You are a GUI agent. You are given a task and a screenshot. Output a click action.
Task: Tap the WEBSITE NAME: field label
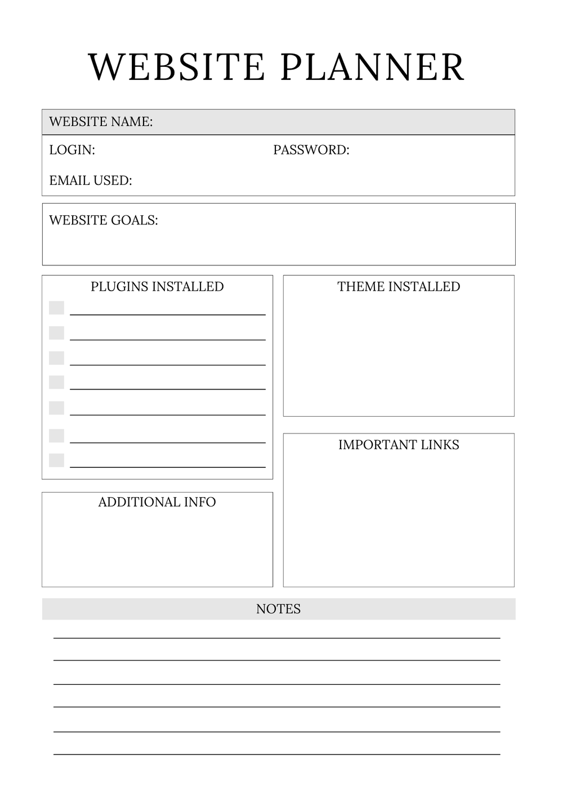click(101, 121)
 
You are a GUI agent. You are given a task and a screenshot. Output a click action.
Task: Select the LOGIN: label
click(72, 150)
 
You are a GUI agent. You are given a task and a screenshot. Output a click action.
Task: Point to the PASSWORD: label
click(311, 150)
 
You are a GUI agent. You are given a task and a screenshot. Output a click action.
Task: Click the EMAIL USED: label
click(91, 180)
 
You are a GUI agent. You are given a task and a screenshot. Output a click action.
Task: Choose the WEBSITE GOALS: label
click(104, 220)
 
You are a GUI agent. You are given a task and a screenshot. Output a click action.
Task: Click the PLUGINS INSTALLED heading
click(157, 286)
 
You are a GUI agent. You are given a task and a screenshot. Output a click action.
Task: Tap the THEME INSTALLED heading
click(399, 286)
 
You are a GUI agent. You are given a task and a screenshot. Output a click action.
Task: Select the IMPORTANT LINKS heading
click(399, 445)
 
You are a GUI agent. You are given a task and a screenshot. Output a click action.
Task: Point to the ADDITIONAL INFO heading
click(157, 502)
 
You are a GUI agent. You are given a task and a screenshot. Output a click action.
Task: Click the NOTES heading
click(278, 609)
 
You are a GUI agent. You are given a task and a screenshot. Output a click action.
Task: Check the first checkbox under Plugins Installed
click(56, 308)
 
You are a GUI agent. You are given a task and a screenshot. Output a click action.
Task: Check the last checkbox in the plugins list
click(56, 460)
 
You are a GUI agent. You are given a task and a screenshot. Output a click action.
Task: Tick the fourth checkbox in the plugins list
click(56, 382)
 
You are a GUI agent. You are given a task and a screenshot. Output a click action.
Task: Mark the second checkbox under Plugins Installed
click(56, 333)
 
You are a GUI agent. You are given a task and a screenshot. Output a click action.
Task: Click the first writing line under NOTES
click(277, 638)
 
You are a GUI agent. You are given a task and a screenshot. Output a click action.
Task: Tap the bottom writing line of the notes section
click(277, 754)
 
